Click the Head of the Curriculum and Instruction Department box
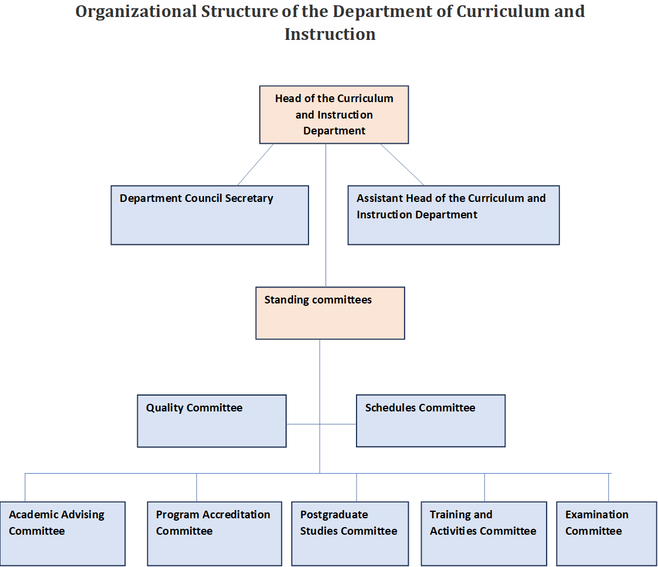tap(334, 114)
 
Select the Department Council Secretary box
tap(210, 215)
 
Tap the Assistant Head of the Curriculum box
tap(454, 215)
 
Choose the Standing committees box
tap(330, 313)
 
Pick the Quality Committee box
tap(212, 421)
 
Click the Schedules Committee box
tap(430, 420)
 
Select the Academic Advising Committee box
tap(63, 534)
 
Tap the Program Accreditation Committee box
tap(215, 534)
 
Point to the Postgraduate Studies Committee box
tap(350, 534)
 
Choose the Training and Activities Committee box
tap(484, 534)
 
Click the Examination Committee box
tap(606, 534)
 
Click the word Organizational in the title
tap(136, 12)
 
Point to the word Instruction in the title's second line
tap(330, 34)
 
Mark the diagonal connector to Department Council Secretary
tap(256, 164)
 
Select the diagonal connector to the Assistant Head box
tap(402, 164)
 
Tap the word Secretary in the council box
tap(249, 198)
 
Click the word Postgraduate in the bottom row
tap(334, 515)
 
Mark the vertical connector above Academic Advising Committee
tap(25, 488)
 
